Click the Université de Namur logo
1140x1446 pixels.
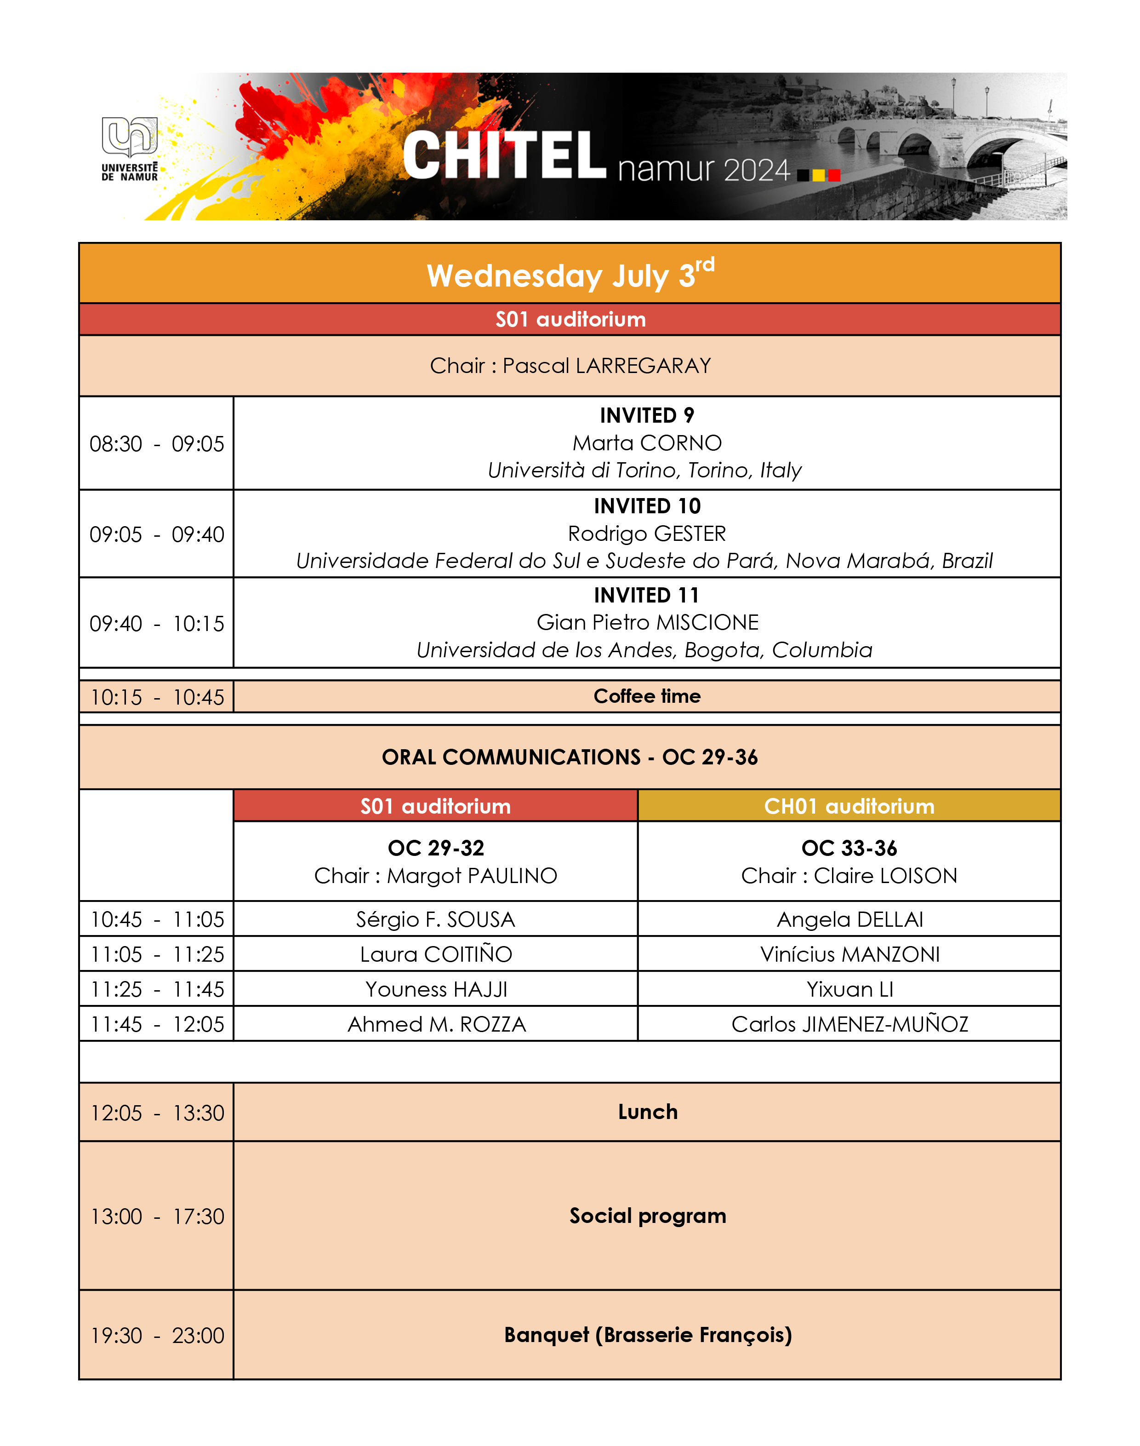tap(130, 148)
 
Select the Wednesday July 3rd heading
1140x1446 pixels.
tap(570, 274)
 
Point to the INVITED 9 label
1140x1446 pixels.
tap(647, 415)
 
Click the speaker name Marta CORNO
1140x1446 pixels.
tap(647, 443)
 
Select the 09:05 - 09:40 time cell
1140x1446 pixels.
tap(157, 534)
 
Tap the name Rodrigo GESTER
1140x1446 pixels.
tap(647, 534)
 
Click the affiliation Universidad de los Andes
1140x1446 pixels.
tap(644, 650)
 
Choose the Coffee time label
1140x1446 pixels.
tap(647, 696)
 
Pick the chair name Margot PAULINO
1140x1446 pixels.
tap(471, 876)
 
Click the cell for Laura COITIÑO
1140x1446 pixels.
tap(436, 954)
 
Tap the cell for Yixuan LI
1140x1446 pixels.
tap(849, 989)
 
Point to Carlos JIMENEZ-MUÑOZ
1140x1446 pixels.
tap(849, 1024)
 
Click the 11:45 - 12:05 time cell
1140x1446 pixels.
tap(157, 1024)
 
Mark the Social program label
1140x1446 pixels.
tap(647, 1216)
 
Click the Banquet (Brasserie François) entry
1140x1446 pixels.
tap(647, 1334)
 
